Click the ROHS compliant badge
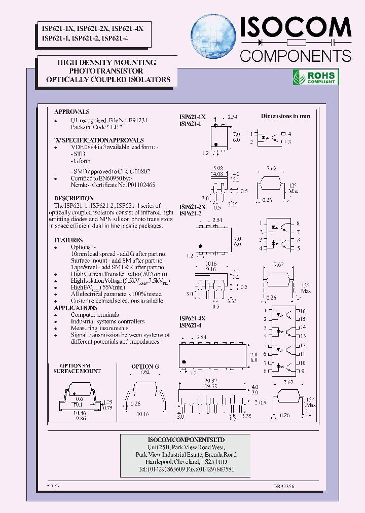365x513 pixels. click(316, 77)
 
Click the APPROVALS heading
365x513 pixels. click(72, 112)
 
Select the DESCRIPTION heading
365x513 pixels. click(74, 198)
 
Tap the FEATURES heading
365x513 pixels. click(68, 240)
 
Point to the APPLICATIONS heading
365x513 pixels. click(76, 308)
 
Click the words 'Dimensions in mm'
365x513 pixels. click(285, 116)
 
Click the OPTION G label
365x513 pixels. click(145, 366)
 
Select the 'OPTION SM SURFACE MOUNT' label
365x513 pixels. click(77, 369)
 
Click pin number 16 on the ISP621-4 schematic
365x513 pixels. click(303, 311)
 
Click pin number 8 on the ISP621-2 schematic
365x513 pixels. click(298, 224)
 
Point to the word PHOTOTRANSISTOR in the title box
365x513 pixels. click(106, 71)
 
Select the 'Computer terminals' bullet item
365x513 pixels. click(95, 315)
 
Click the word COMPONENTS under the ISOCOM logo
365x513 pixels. click(296, 55)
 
